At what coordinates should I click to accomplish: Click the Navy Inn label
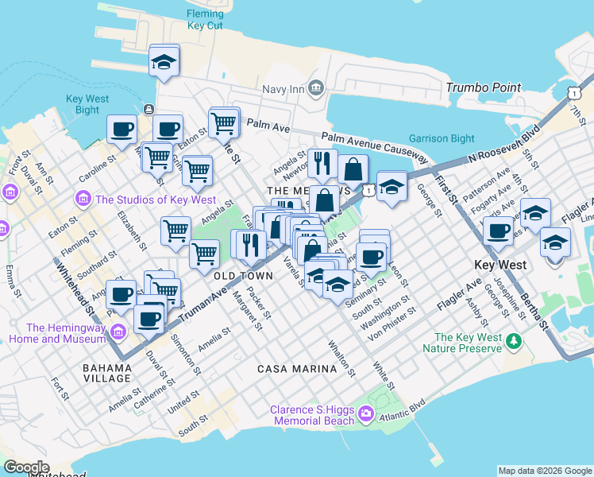tap(283, 89)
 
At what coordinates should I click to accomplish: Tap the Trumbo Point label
tap(484, 87)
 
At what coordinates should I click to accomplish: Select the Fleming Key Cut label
tap(205, 20)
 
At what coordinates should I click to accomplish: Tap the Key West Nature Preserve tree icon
tap(514, 341)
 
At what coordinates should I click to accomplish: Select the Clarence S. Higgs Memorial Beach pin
tap(365, 412)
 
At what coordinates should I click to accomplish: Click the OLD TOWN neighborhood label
tap(243, 275)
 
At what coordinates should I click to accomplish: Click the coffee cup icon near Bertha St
tap(498, 231)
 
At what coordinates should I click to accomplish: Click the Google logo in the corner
tap(26, 467)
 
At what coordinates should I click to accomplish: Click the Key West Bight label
tap(83, 104)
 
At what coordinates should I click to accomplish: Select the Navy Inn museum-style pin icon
tap(315, 87)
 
